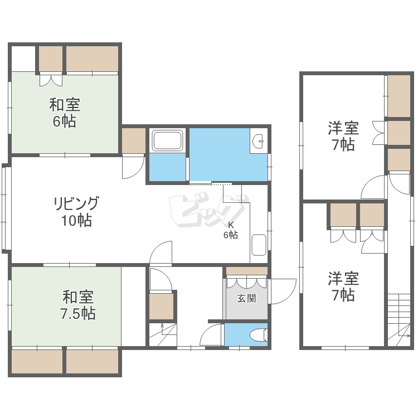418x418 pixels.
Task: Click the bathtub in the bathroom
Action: click(167, 142)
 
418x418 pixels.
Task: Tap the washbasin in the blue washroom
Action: click(259, 142)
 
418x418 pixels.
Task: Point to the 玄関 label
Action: click(246, 299)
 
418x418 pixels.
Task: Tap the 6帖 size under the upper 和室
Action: click(65, 121)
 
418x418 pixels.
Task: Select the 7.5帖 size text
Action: click(78, 313)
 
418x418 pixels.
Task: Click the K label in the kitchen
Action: click(231, 225)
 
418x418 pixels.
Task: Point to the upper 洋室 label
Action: click(343, 128)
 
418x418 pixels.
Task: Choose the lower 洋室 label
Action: click(343, 277)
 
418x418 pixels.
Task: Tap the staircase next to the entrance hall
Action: click(163, 334)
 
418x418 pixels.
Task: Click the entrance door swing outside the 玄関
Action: click(282, 290)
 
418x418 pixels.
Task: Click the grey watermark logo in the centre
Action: click(208, 211)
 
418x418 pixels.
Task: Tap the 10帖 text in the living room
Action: click(76, 221)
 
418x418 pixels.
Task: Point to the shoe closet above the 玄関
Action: click(246, 271)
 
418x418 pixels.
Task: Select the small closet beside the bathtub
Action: click(134, 141)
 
